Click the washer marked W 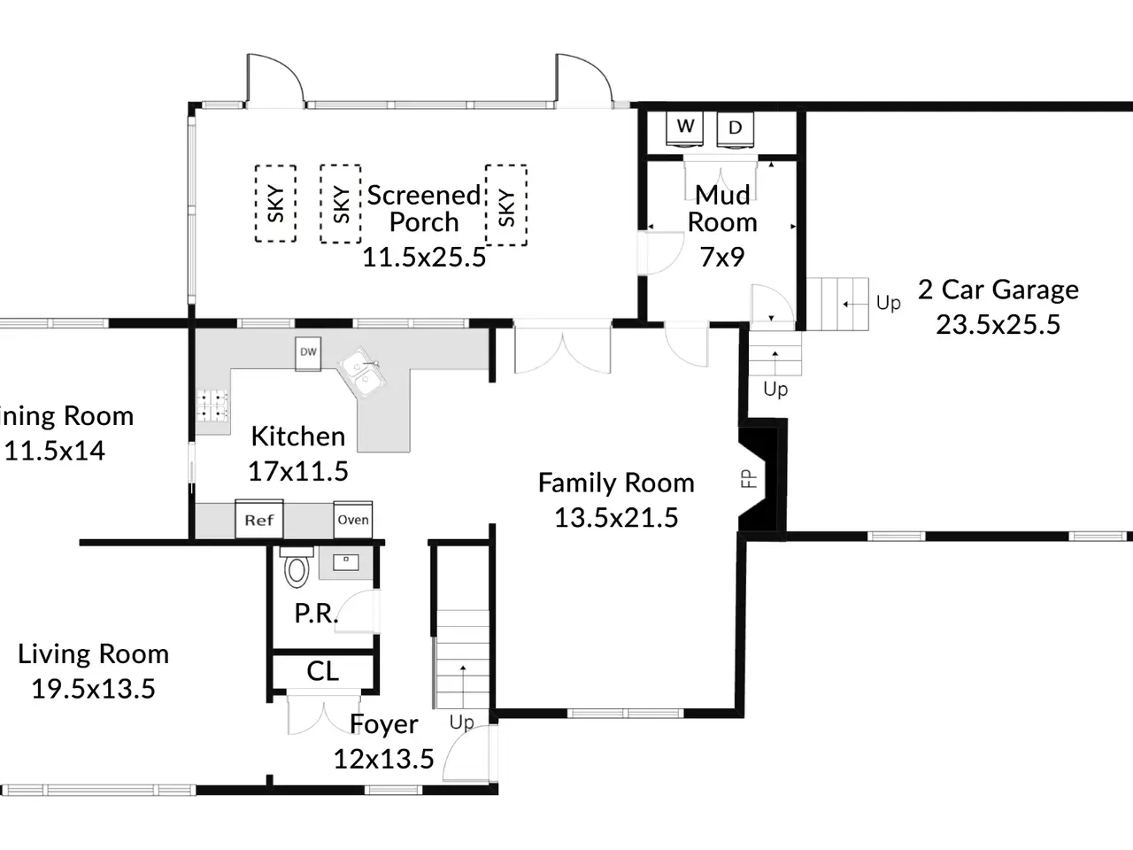coord(684,129)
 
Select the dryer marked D coord(735,129)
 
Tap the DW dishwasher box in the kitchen coord(308,353)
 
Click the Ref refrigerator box coord(259,519)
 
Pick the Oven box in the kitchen coord(353,520)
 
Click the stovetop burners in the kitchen coord(212,406)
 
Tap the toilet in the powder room coord(297,567)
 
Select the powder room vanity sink coord(346,563)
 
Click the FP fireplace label coord(749,479)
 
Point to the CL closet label coord(322,671)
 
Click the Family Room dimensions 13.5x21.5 coord(616,518)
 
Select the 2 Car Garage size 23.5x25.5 coord(998,325)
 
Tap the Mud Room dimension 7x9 coord(722,257)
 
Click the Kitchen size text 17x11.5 coord(298,471)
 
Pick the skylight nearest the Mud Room coord(506,205)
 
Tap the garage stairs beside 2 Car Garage coord(837,304)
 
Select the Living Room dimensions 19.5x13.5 coord(94,689)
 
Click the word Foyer coord(383,724)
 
